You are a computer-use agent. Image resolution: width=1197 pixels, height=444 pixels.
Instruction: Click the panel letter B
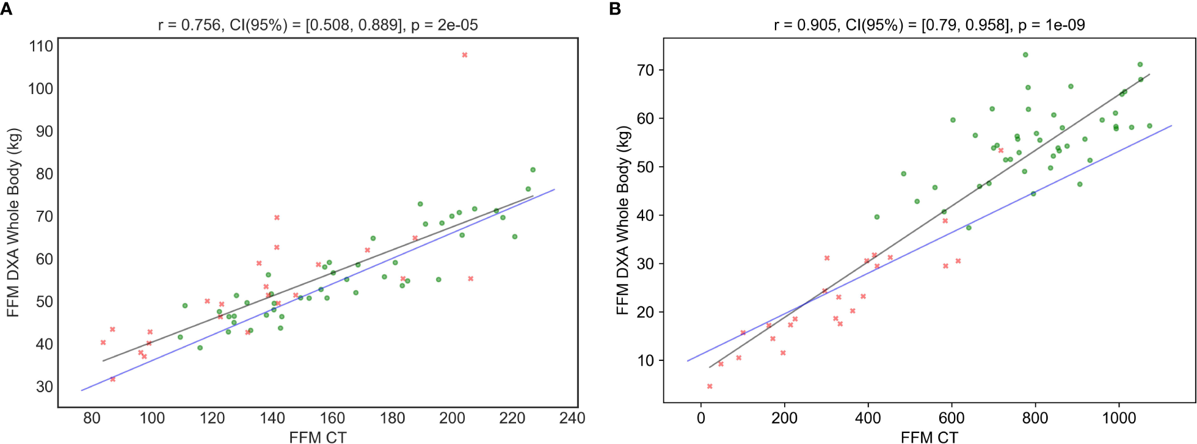615,9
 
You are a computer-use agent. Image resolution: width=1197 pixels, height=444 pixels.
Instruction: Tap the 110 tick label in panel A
41,46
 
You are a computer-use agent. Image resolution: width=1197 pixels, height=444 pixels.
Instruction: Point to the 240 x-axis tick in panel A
572,418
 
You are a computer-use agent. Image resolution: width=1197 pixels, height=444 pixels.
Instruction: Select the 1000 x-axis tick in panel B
1119,418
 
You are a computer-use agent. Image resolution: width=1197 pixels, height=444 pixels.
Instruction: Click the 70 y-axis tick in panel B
645,70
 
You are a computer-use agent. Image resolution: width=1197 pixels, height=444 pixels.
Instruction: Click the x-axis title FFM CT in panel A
318,437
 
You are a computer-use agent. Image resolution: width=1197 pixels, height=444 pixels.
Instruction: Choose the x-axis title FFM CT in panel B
929,437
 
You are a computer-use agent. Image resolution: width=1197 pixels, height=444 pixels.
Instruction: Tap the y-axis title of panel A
13,222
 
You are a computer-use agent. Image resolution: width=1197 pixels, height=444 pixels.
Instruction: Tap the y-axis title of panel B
622,220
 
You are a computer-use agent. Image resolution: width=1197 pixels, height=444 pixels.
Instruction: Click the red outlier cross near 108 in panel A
464,55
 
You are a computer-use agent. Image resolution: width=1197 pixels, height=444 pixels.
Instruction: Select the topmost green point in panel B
1025,55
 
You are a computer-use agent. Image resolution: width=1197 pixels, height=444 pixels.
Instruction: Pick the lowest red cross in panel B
710,386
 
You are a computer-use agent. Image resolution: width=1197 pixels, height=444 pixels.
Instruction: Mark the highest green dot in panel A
533,170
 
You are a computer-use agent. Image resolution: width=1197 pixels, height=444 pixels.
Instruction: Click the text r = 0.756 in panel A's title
189,25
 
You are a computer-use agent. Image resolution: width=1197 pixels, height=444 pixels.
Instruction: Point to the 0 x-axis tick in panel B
701,418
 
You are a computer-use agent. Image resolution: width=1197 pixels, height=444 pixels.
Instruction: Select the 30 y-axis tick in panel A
44,387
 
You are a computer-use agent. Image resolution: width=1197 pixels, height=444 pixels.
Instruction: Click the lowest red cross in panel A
113,379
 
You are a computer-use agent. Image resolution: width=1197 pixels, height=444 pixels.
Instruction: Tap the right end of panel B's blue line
1171,126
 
